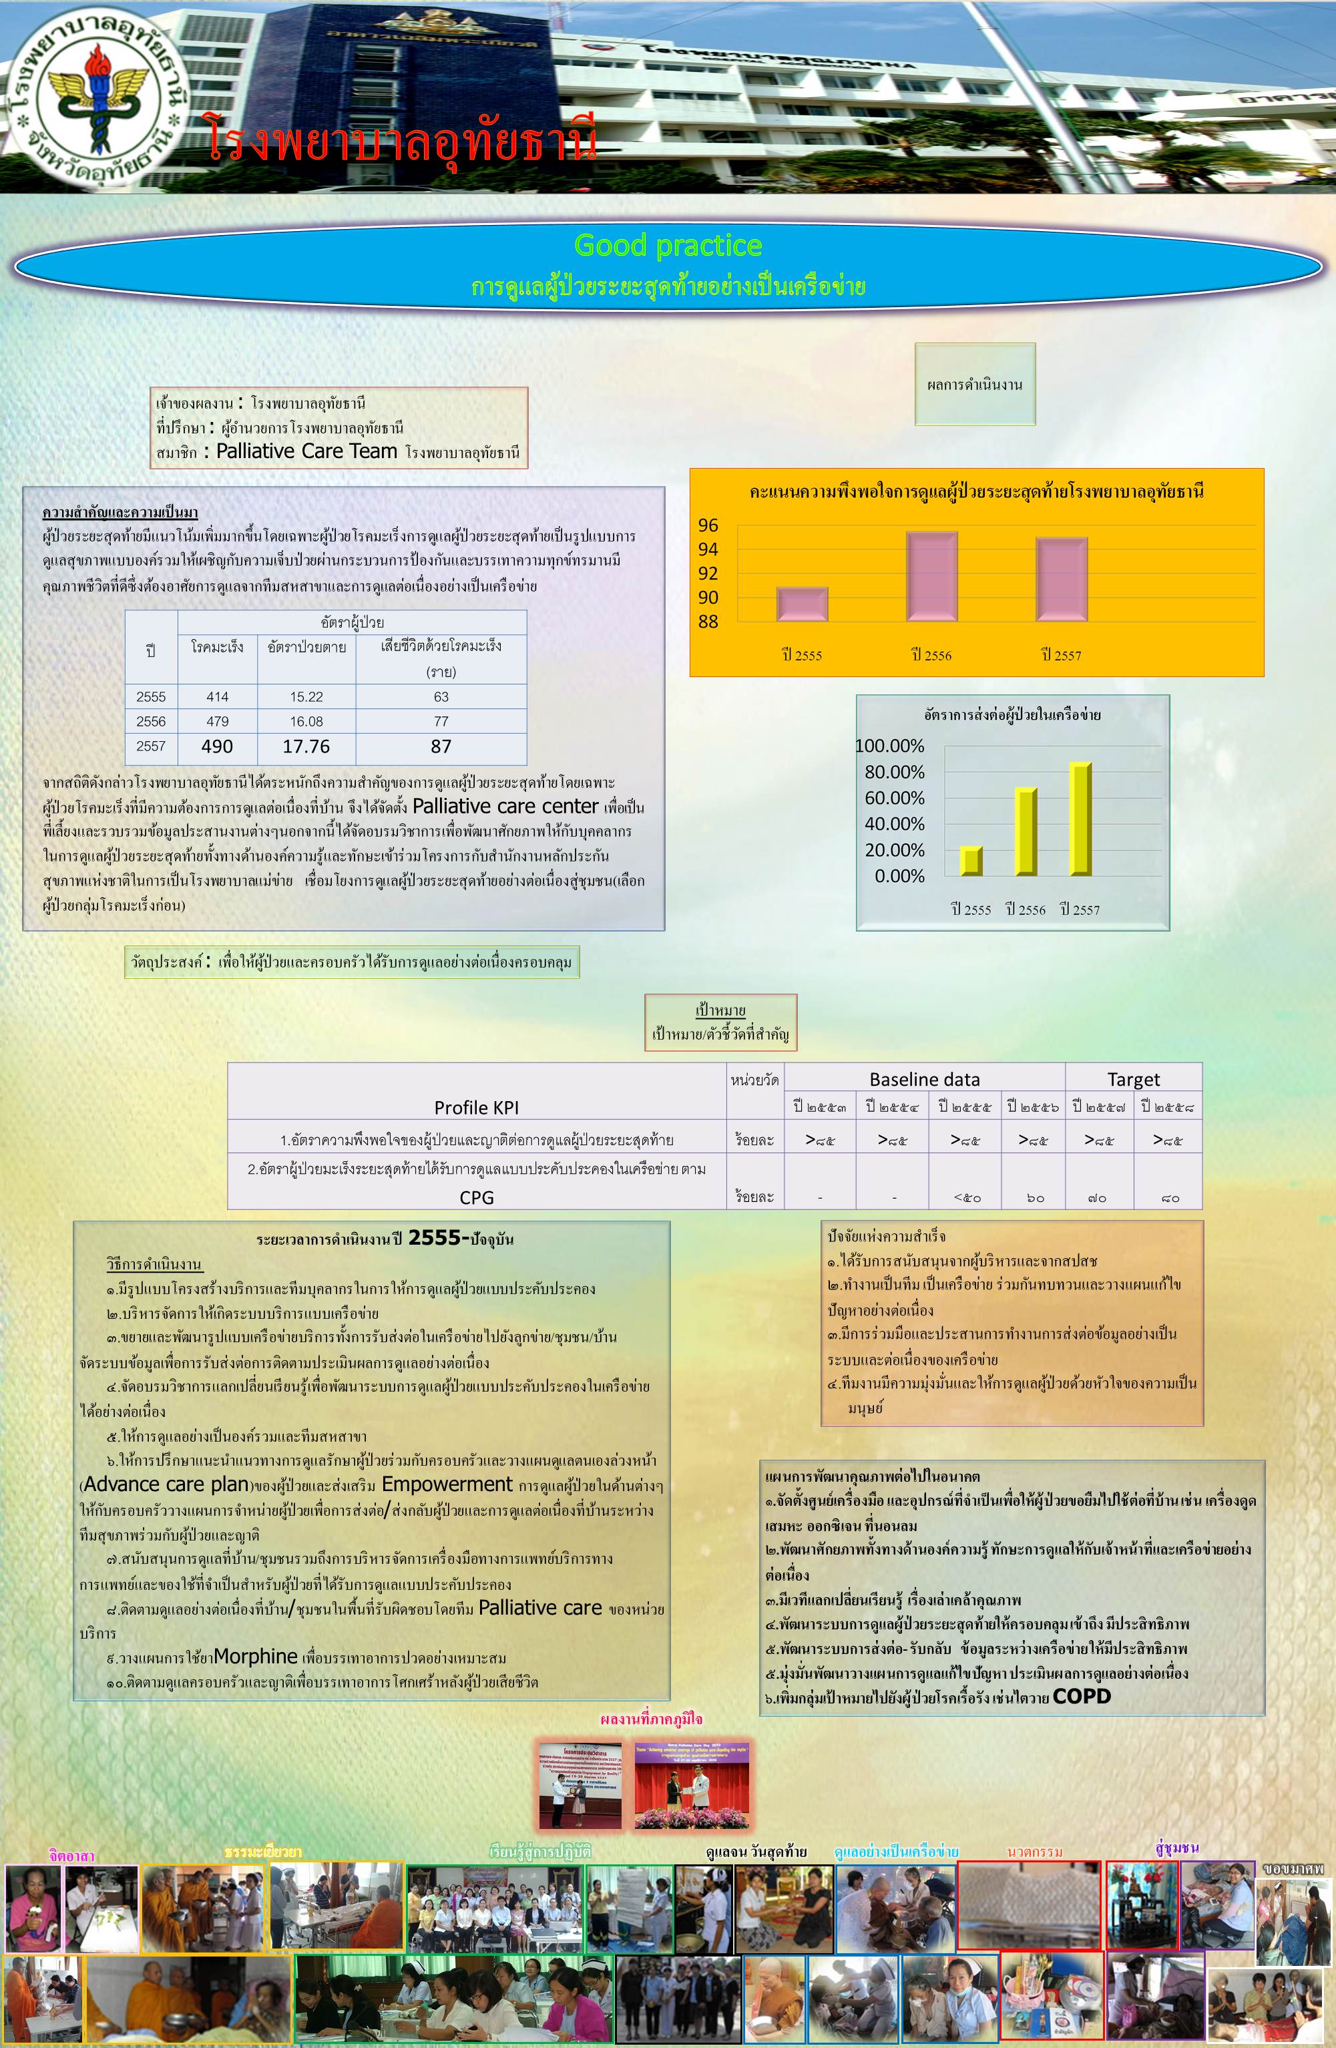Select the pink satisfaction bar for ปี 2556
(931, 576)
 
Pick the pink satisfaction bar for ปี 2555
(802, 603)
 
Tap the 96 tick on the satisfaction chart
(708, 525)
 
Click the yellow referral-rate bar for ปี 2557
(1080, 819)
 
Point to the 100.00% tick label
(889, 746)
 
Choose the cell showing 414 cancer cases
(218, 697)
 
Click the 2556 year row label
(150, 721)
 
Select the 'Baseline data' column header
(924, 1079)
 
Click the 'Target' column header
(1133, 1079)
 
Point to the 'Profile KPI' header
(477, 1107)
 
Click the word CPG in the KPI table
(477, 1197)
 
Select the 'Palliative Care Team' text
(306, 451)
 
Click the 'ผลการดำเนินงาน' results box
(975, 385)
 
